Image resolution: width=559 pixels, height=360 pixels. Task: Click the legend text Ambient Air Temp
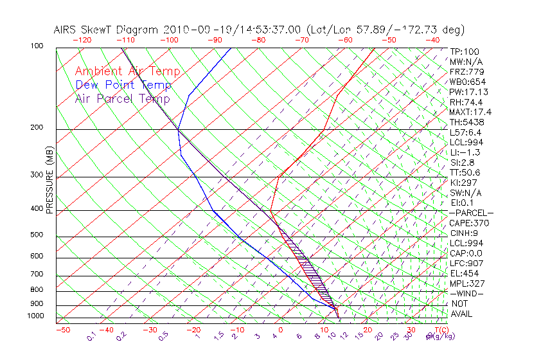pyautogui.click(x=127, y=71)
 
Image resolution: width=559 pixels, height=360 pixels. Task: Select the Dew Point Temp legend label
pyautogui.click(x=123, y=85)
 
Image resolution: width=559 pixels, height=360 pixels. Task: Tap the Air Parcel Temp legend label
pyautogui.click(x=122, y=98)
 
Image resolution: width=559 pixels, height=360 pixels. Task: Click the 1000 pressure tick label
pyautogui.click(x=36, y=316)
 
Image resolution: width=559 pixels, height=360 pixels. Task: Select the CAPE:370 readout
pyautogui.click(x=469, y=223)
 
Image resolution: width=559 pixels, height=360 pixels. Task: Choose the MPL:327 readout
pyautogui.click(x=467, y=283)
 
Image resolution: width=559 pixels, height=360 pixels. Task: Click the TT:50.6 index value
pyautogui.click(x=465, y=172)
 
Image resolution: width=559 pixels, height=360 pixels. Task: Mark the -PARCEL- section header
pyautogui.click(x=471, y=213)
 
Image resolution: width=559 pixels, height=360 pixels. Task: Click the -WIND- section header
pyautogui.click(x=466, y=294)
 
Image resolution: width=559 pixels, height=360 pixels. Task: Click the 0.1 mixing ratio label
pyautogui.click(x=92, y=336)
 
